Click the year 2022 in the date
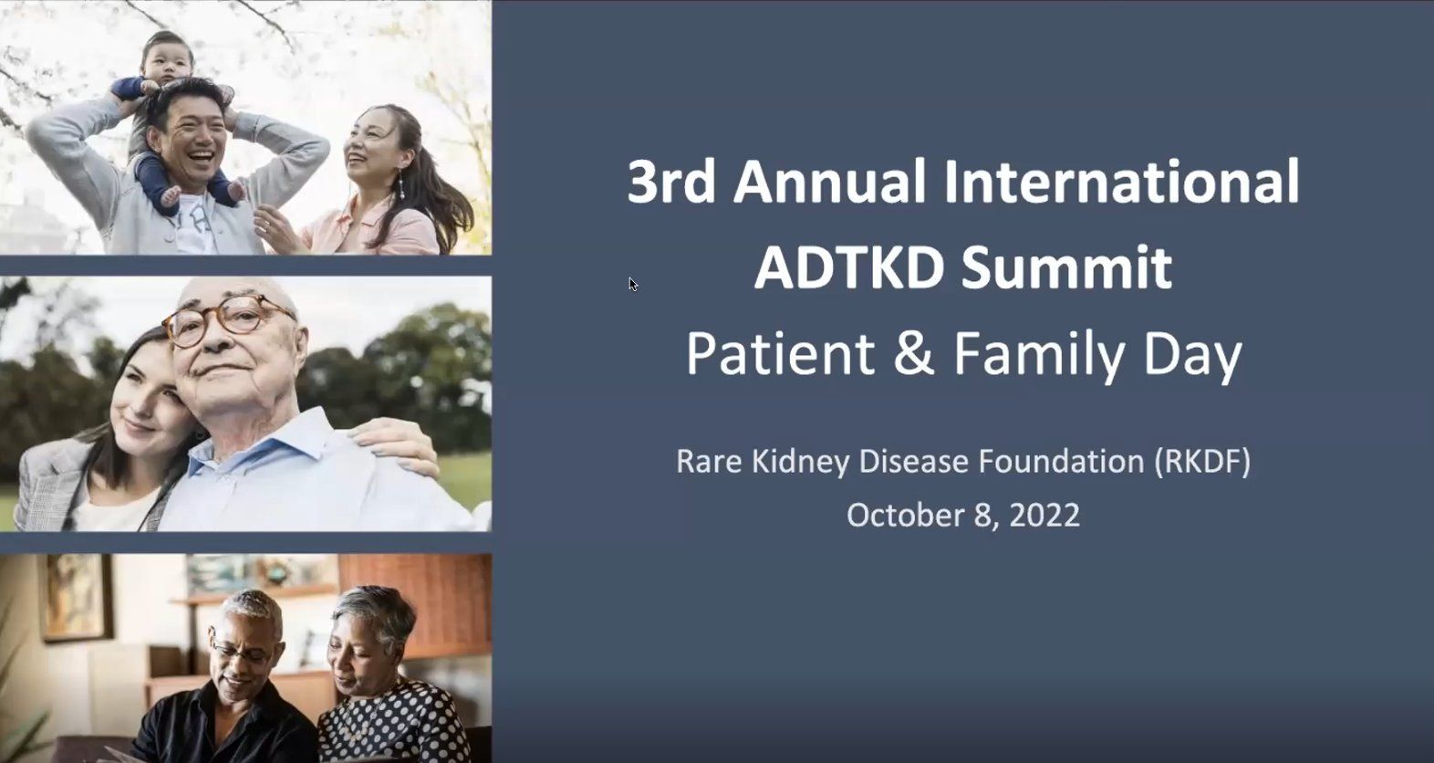[1045, 516]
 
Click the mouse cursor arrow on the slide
[632, 283]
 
